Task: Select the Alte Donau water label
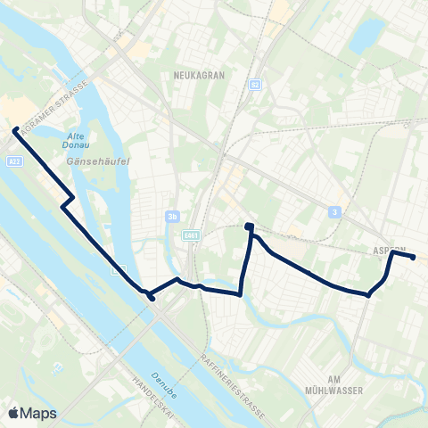[76, 143]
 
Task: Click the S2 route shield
[256, 85]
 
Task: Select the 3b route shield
[173, 215]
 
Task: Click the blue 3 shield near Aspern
[334, 211]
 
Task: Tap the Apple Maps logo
[33, 412]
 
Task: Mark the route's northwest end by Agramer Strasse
[15, 130]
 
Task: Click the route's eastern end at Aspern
[414, 258]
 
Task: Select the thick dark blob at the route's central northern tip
[250, 226]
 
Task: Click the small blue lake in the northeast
[366, 36]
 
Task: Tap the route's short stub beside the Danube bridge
[152, 298]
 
